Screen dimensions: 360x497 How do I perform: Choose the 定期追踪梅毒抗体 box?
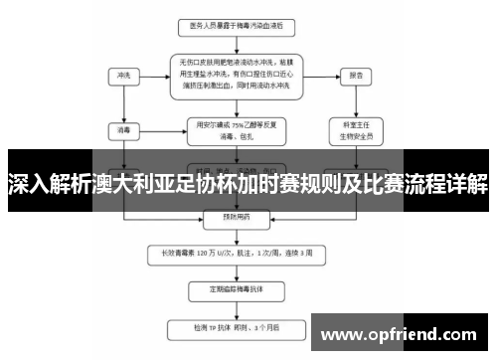[x=236, y=289]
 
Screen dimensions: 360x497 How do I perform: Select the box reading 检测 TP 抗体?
[x=236, y=325]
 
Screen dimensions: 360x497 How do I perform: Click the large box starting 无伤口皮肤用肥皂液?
[x=236, y=74]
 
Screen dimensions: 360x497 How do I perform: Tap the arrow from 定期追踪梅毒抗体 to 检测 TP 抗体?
[x=236, y=308]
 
